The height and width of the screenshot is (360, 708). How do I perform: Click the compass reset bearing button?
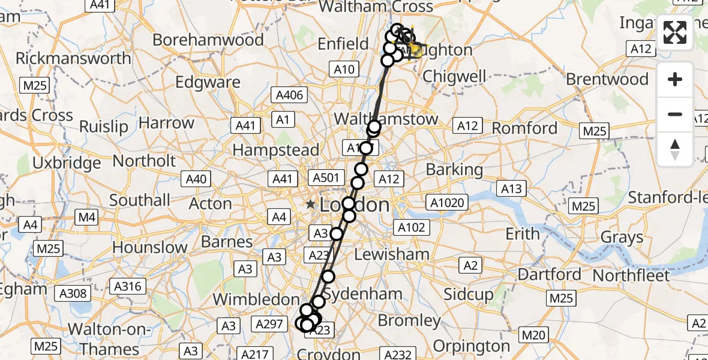[x=675, y=149]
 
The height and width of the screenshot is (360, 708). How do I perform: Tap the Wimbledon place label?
[x=256, y=299]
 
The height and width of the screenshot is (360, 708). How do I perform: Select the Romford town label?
[x=526, y=128]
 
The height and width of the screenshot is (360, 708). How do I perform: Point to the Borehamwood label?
[x=208, y=40]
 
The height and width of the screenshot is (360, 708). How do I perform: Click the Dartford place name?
[x=549, y=275]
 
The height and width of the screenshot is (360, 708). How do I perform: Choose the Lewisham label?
[x=392, y=254]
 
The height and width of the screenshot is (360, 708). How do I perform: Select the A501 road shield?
[x=327, y=178]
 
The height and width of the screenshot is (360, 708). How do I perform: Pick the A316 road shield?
[x=127, y=286]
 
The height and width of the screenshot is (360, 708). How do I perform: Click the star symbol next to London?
[x=310, y=205]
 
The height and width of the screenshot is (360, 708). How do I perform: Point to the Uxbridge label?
[x=67, y=163]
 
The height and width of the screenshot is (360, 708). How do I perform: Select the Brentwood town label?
[x=607, y=79]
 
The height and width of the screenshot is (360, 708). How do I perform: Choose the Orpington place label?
[x=472, y=346]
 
